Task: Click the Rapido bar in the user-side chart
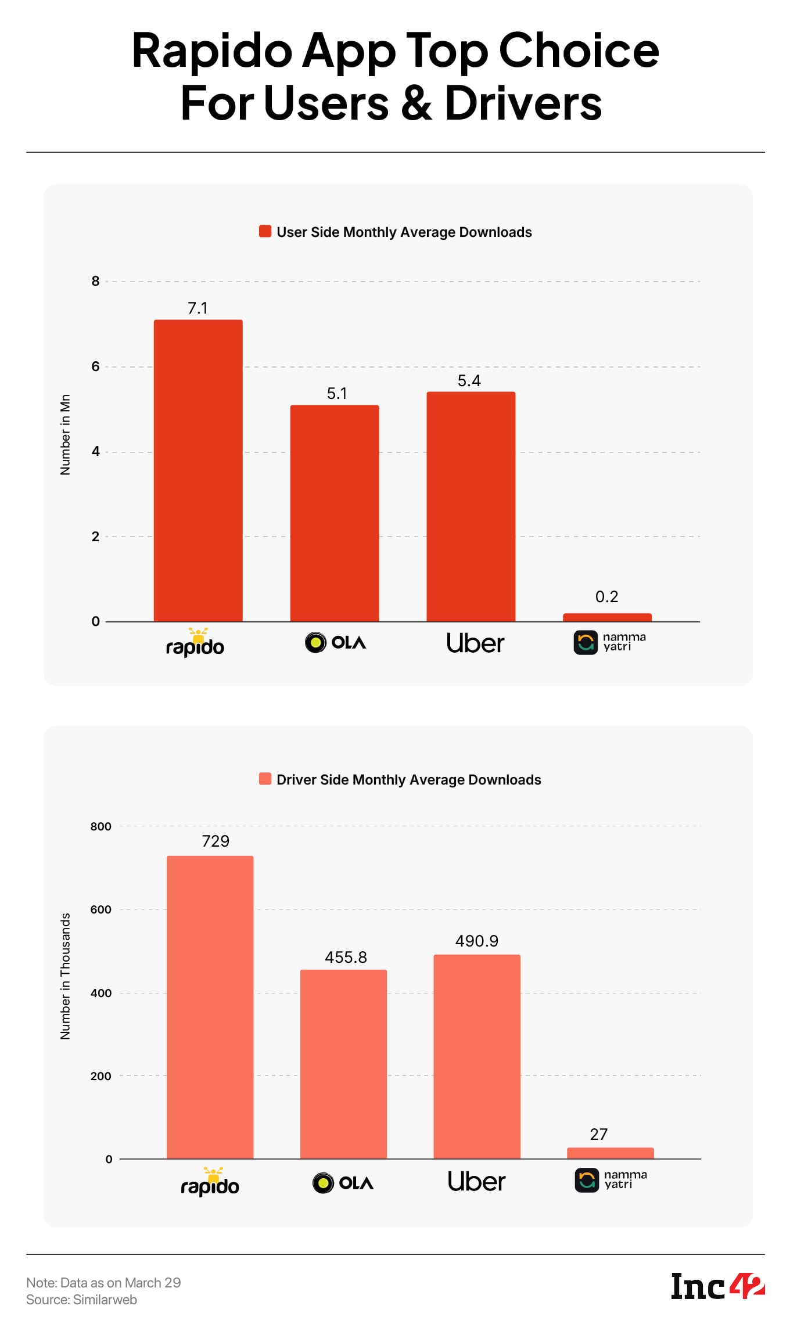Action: [x=198, y=470]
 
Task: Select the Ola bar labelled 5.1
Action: [x=335, y=513]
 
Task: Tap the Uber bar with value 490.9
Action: [x=477, y=1056]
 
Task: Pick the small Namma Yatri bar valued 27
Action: [x=610, y=1153]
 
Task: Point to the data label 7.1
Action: [x=198, y=308]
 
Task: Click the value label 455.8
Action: [x=346, y=957]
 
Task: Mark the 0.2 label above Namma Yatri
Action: [x=606, y=596]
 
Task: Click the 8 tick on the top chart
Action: [x=95, y=281]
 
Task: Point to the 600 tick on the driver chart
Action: [x=100, y=909]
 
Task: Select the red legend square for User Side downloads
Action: [x=265, y=231]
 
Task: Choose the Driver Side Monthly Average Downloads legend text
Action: [x=408, y=779]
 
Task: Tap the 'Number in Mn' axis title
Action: [x=65, y=434]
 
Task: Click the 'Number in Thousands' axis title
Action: [x=65, y=976]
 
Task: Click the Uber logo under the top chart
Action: [x=475, y=643]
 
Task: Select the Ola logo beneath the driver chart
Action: [x=343, y=1182]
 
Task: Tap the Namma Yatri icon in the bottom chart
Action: [x=587, y=1180]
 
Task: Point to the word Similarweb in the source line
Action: [x=105, y=1300]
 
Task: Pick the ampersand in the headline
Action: [x=416, y=103]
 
